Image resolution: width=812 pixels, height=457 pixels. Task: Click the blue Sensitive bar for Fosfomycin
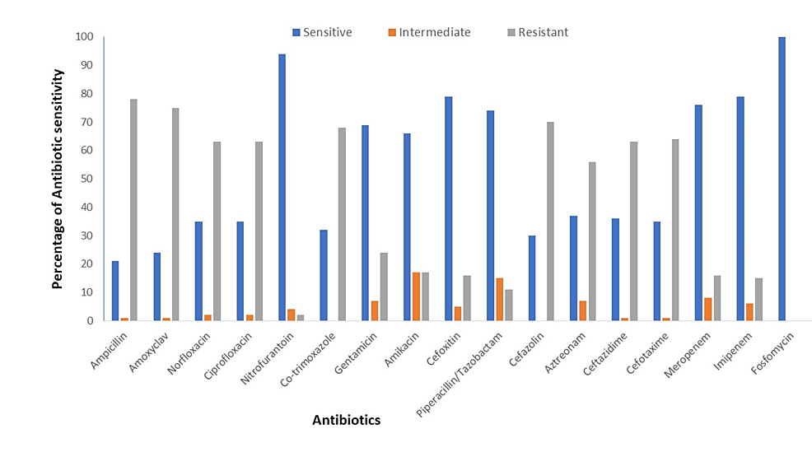[782, 179]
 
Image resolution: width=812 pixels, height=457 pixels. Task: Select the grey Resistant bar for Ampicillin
[133, 210]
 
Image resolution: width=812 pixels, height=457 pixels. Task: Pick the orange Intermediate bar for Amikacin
[416, 296]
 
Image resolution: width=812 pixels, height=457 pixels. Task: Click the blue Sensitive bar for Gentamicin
[365, 223]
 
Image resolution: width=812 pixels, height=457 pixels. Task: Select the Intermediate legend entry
[427, 32]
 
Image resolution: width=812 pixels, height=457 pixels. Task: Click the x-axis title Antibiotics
[346, 421]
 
